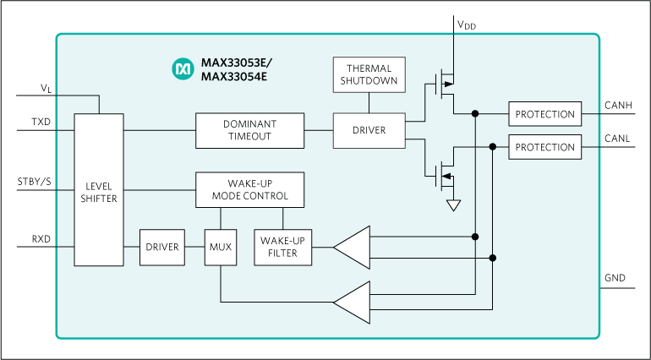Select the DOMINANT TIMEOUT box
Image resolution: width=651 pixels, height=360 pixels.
pyautogui.click(x=250, y=130)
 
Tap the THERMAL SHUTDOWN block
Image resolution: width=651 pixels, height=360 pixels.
pyautogui.click(x=369, y=74)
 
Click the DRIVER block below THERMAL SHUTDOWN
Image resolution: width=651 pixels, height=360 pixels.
pyautogui.click(x=369, y=130)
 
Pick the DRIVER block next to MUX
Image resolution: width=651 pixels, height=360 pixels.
pyautogui.click(x=161, y=247)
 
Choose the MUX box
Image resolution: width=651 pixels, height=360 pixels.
pyautogui.click(x=220, y=247)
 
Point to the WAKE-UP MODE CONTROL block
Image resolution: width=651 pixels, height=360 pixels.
pyautogui.click(x=250, y=189)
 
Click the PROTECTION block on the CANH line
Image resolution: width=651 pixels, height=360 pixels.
pyautogui.click(x=545, y=114)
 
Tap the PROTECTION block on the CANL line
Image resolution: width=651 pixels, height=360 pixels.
pyautogui.click(x=545, y=147)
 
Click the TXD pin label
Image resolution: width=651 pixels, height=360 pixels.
pyautogui.click(x=41, y=122)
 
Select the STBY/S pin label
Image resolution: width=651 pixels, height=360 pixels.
pyautogui.click(x=34, y=182)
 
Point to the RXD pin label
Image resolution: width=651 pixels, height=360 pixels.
pyautogui.click(x=41, y=239)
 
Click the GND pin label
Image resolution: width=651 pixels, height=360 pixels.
pyautogui.click(x=615, y=278)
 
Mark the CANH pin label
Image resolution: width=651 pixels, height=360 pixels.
pyautogui.click(x=619, y=105)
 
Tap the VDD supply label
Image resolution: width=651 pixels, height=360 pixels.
pyautogui.click(x=467, y=25)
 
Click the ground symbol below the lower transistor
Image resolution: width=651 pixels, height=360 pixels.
pyautogui.click(x=454, y=205)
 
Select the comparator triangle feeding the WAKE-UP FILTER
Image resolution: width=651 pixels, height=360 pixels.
pyautogui.click(x=353, y=247)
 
